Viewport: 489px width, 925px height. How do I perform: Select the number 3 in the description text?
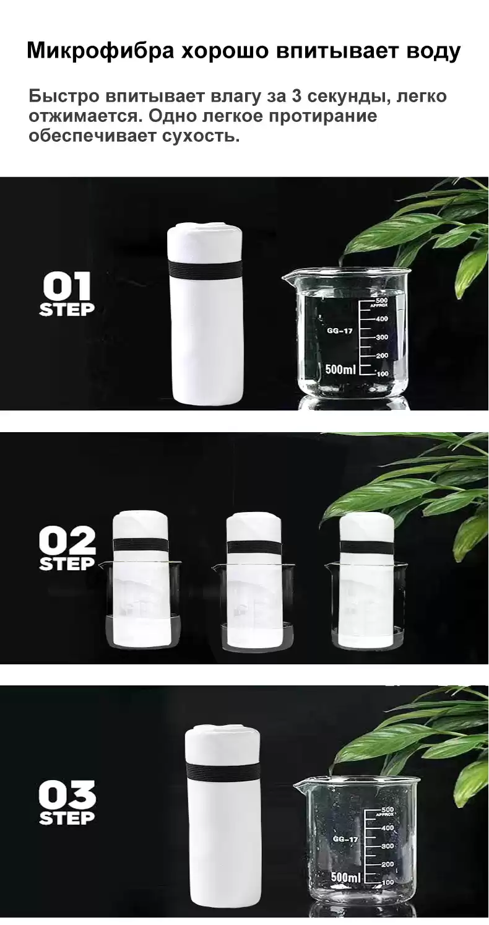[296, 96]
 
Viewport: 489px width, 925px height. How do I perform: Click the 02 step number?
[67, 541]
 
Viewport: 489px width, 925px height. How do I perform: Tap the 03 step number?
[67, 794]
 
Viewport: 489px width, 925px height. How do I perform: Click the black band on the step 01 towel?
[206, 269]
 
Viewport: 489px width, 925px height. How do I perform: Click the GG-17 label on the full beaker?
[339, 331]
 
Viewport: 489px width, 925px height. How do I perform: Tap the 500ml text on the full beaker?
[340, 369]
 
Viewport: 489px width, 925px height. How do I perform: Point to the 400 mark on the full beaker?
[381, 319]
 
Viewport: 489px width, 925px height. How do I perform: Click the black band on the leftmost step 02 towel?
[140, 545]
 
